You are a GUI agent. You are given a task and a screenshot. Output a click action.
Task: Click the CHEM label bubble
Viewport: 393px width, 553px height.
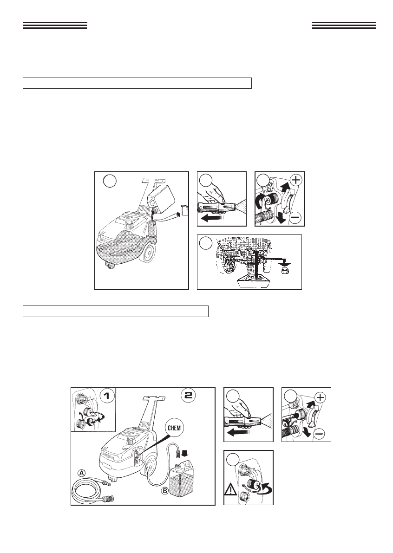tap(174, 429)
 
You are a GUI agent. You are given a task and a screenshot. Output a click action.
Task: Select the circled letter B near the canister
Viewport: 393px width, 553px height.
tap(165, 490)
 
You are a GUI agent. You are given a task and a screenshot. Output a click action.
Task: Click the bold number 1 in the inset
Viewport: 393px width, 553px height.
tap(106, 396)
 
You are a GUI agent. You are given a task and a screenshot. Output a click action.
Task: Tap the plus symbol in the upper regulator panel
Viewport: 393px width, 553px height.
tap(295, 180)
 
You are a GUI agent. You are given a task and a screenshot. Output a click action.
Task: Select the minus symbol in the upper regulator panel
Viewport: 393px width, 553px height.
tap(295, 218)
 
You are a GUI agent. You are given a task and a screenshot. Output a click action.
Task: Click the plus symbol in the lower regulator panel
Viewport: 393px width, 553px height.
tap(320, 397)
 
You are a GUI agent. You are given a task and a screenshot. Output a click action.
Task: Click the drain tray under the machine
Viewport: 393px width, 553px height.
tap(254, 282)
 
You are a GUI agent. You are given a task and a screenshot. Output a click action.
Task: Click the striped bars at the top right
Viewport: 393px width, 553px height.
tap(344, 25)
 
